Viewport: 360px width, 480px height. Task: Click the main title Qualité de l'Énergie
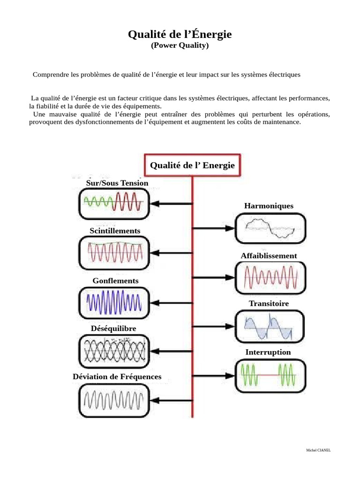click(x=180, y=35)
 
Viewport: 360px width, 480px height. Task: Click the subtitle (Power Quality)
click(x=180, y=46)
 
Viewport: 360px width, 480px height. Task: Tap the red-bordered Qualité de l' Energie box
click(x=192, y=165)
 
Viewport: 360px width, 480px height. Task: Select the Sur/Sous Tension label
click(x=117, y=183)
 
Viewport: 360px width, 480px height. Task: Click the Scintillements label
click(x=115, y=231)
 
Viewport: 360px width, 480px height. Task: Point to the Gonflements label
click(x=115, y=280)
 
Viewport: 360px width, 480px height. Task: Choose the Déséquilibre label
click(x=113, y=328)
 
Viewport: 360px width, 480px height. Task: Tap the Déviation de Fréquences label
click(x=117, y=376)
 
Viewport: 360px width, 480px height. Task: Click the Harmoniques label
click(x=269, y=206)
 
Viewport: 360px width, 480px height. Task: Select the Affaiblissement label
click(x=269, y=255)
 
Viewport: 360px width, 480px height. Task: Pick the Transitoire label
click(x=269, y=303)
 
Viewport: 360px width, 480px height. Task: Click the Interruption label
click(x=268, y=352)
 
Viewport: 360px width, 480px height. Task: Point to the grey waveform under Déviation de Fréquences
click(x=114, y=401)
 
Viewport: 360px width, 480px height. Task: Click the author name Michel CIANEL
click(x=318, y=450)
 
